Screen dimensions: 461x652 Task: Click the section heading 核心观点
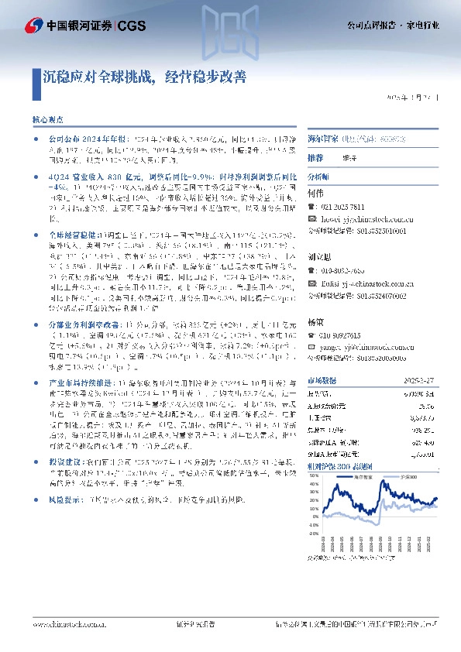46,122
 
